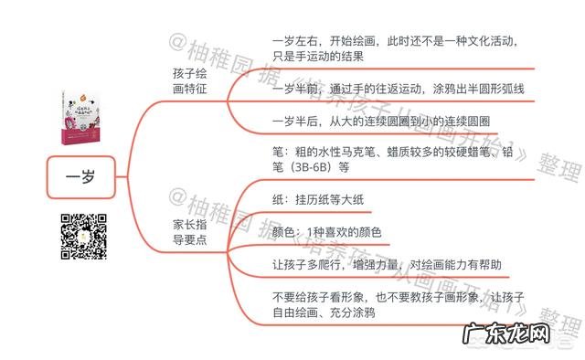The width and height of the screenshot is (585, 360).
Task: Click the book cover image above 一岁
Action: coord(82,118)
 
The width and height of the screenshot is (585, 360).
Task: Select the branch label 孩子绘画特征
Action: coord(189,80)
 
